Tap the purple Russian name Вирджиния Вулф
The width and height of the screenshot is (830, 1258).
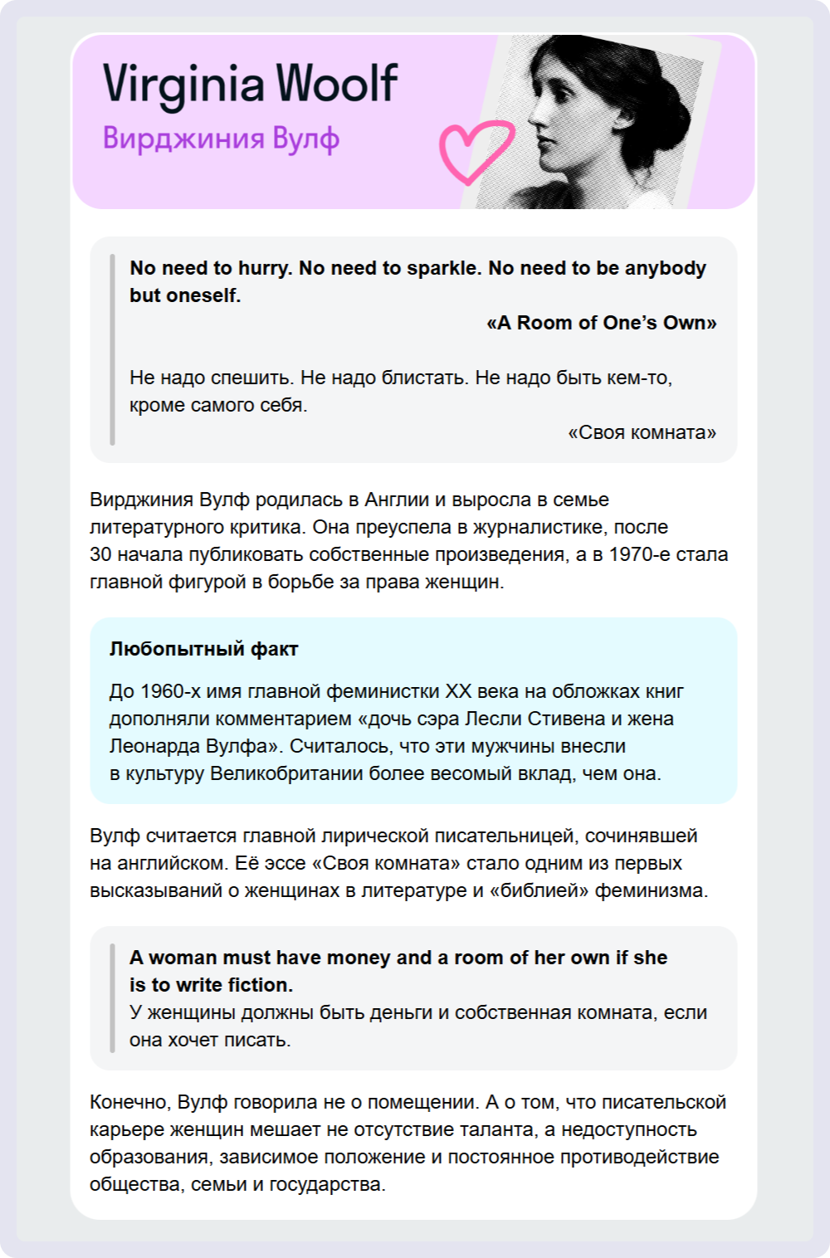[x=221, y=139]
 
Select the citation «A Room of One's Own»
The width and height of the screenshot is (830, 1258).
[x=602, y=323]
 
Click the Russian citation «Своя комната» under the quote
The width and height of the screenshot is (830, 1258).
[x=642, y=432]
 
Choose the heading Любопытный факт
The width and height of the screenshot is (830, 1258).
[x=203, y=649]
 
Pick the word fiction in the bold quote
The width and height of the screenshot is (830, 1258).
[x=259, y=985]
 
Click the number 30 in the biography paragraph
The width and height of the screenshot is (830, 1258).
[x=100, y=553]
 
